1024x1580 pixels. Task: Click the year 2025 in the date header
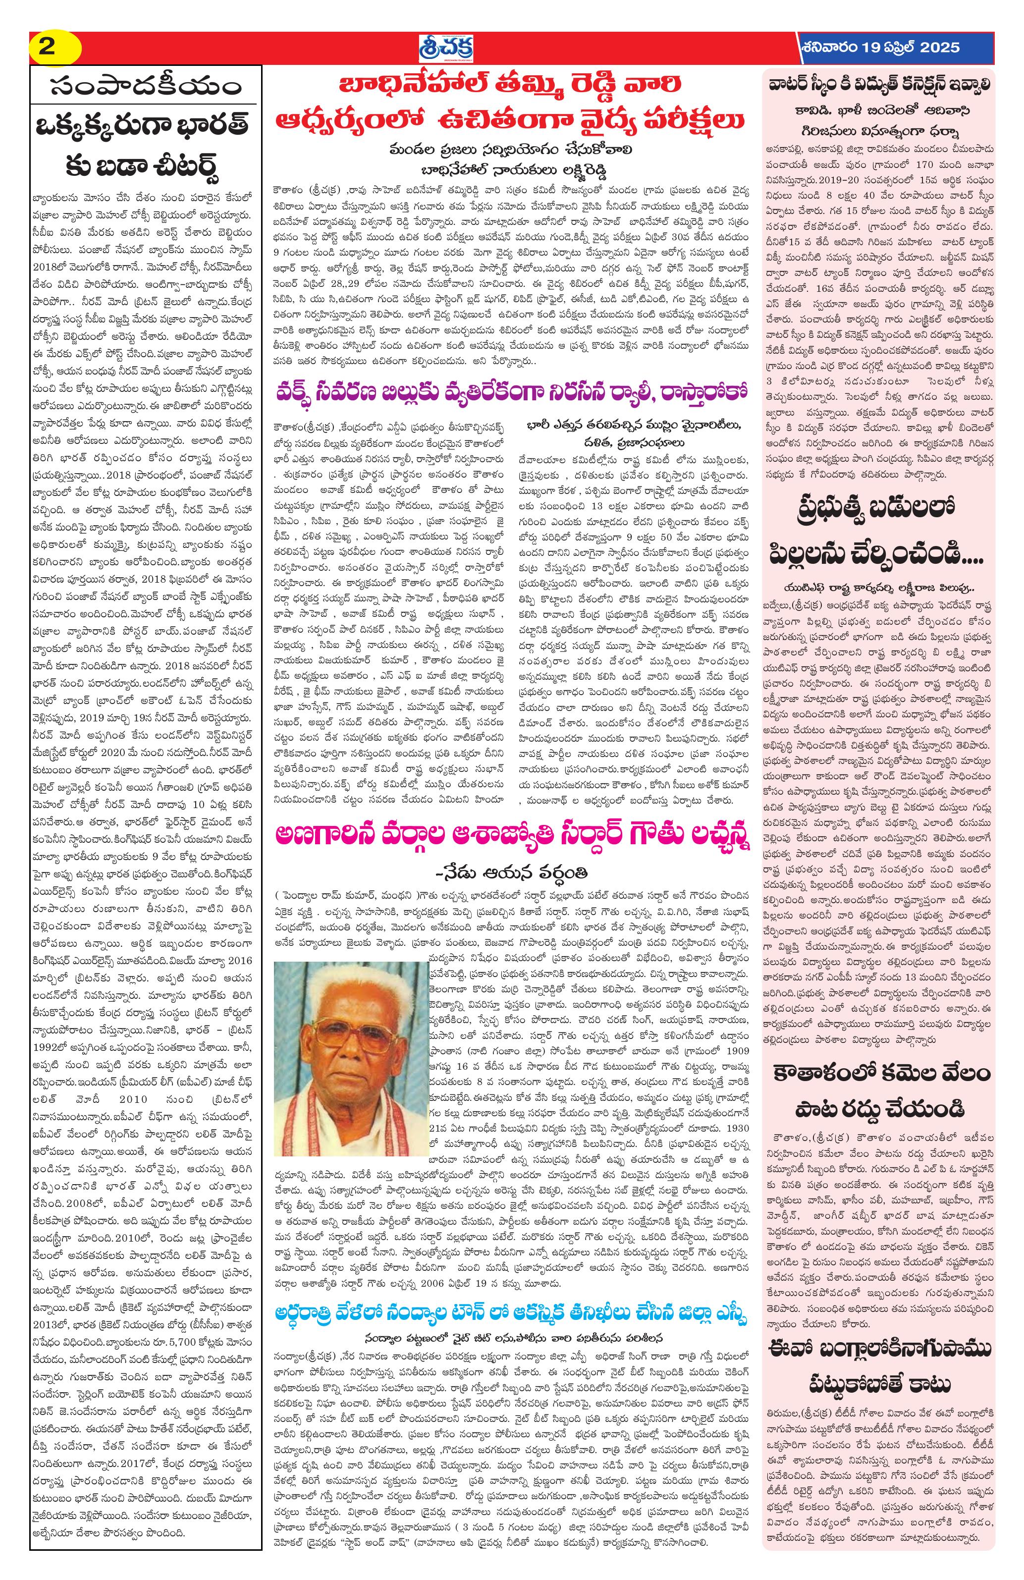pos(938,48)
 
